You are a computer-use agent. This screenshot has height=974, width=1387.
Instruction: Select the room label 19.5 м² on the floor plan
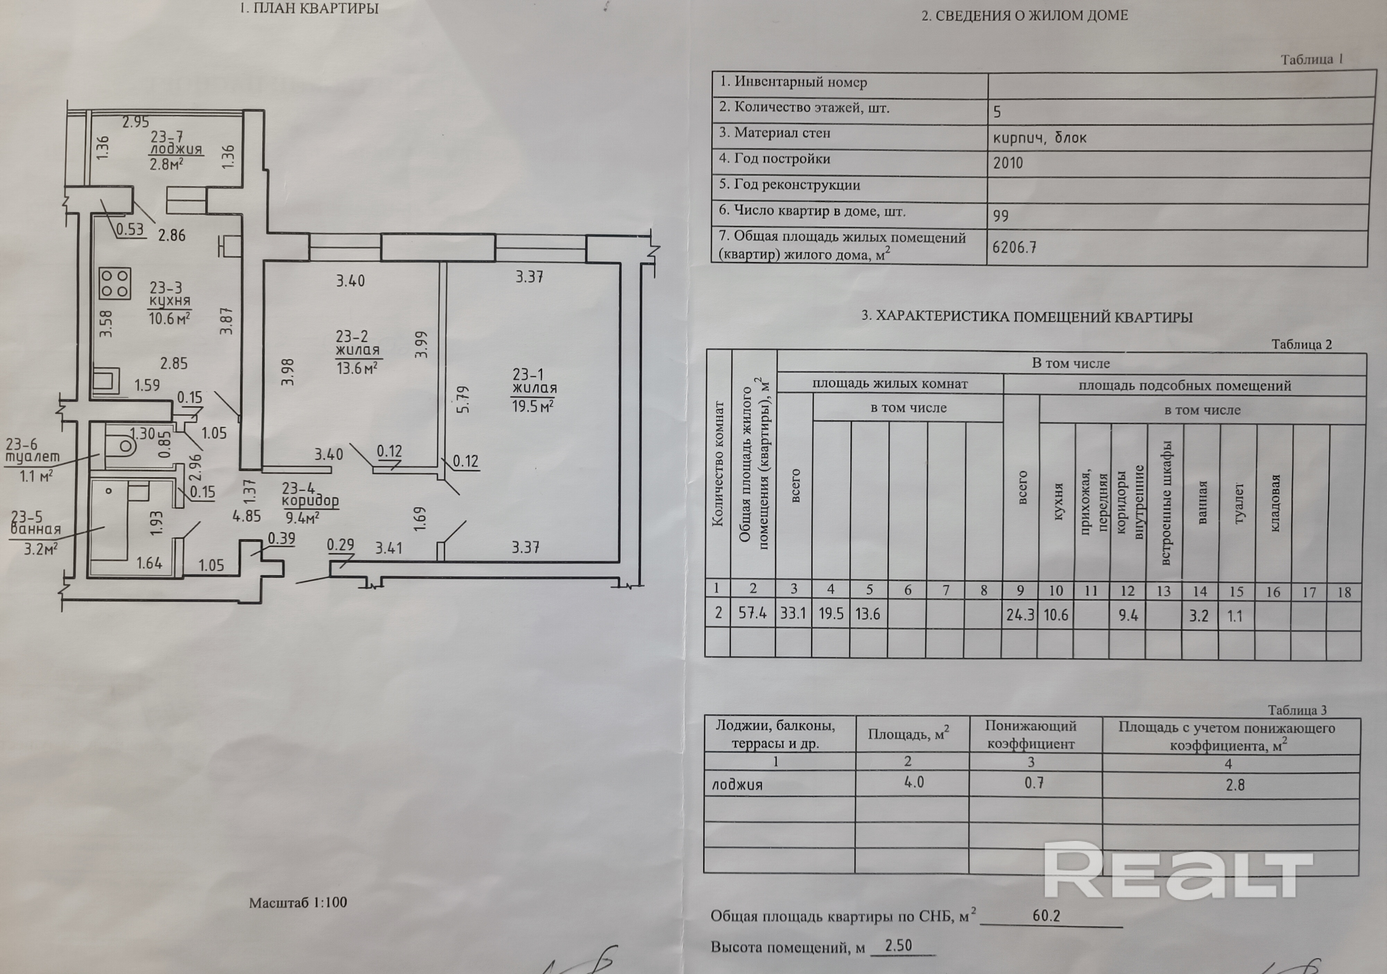(x=533, y=406)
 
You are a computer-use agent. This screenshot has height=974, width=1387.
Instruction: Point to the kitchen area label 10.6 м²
(x=170, y=318)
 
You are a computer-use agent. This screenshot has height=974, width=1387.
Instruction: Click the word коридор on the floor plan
(x=310, y=501)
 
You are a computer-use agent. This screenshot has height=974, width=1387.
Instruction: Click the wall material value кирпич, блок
(x=1040, y=138)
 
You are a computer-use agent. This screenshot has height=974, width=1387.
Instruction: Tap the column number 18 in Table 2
(x=1344, y=592)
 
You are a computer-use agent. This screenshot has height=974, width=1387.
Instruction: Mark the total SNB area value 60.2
(x=1046, y=915)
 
